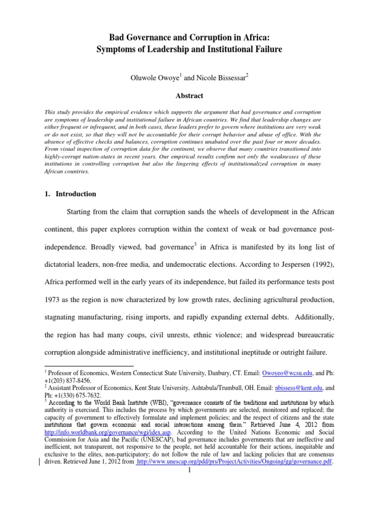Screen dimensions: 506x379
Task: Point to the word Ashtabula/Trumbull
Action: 206,389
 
